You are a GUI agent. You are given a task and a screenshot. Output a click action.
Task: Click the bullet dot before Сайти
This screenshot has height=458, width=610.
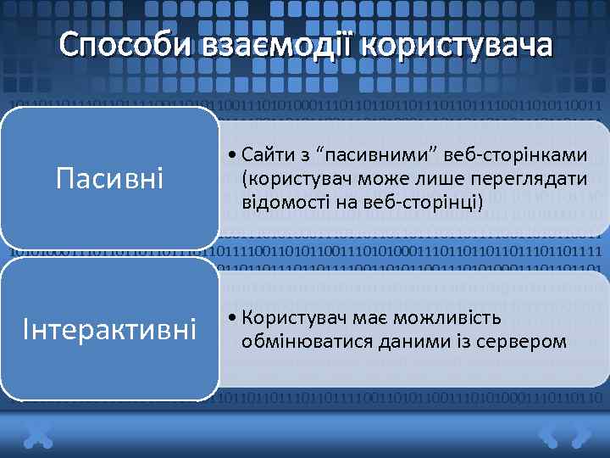[x=232, y=154]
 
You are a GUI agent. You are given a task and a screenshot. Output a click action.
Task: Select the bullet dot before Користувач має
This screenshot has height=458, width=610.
[x=232, y=319]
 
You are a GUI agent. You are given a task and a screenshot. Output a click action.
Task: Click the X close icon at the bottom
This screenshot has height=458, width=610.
[x=39, y=435]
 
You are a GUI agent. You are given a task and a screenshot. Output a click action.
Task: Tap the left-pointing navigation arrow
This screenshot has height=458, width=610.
[x=550, y=435]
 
